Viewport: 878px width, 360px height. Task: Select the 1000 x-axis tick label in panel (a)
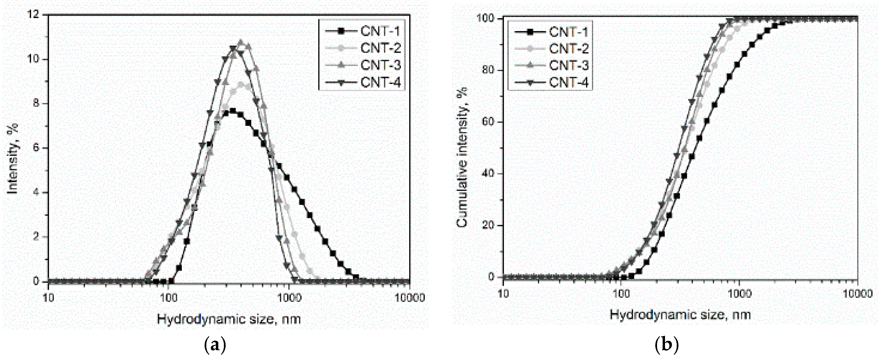[x=289, y=298]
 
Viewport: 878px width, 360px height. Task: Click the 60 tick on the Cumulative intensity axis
[x=488, y=122]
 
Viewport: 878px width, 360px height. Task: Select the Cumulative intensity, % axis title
[x=462, y=157]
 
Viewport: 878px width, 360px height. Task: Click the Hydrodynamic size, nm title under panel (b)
[x=680, y=314]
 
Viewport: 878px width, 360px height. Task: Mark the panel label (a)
[x=215, y=345]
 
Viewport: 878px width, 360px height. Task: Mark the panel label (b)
[x=667, y=345]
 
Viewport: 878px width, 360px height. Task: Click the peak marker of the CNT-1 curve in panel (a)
[x=233, y=111]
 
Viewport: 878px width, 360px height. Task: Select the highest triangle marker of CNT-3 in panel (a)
[x=241, y=42]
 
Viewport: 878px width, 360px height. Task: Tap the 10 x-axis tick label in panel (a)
[x=48, y=298]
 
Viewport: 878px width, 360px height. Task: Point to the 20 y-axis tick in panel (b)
[x=488, y=225]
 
